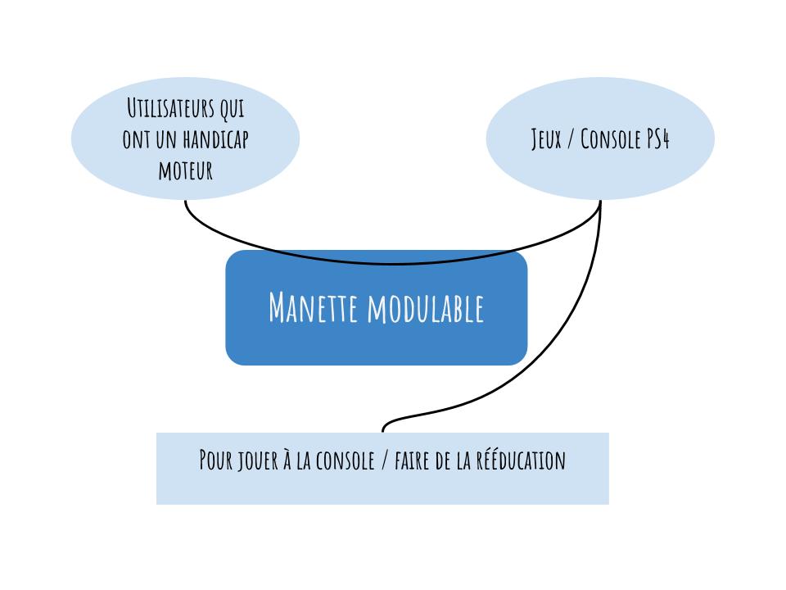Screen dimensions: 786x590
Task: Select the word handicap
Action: (215, 139)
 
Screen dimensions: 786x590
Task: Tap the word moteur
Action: (186, 170)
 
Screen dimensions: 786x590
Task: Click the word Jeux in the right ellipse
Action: (546, 139)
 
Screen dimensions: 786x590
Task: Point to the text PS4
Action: (657, 139)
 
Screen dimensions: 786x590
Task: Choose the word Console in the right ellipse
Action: (611, 139)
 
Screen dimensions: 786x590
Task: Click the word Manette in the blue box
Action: (314, 307)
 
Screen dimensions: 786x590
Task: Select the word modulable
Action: (426, 307)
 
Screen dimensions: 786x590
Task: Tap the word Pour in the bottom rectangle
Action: (216, 460)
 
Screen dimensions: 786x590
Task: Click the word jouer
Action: (258, 461)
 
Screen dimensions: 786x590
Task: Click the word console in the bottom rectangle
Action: (346, 460)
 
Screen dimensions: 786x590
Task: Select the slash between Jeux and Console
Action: (571, 139)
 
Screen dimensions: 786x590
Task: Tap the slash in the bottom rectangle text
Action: (385, 460)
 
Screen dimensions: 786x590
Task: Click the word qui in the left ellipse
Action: (232, 109)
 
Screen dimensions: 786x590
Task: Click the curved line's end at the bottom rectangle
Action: (383, 432)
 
